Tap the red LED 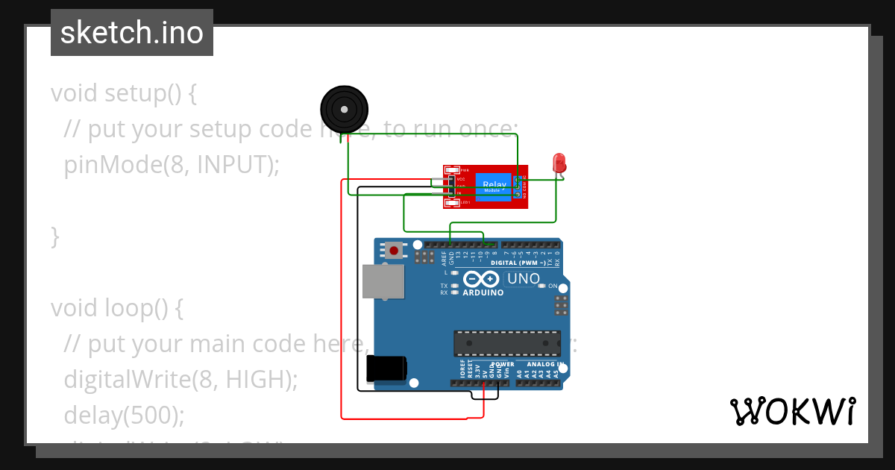[x=559, y=163]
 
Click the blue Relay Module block [x=493, y=187]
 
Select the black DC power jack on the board [x=387, y=369]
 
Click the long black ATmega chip [x=507, y=342]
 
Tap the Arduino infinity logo [x=482, y=280]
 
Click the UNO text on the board [x=524, y=279]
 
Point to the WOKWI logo [x=791, y=411]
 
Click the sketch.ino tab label [x=132, y=33]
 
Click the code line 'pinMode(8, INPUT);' [x=172, y=165]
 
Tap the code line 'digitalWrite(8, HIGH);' [x=180, y=379]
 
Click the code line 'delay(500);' [x=124, y=415]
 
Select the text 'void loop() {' [x=116, y=307]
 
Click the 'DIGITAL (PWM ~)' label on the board [x=507, y=263]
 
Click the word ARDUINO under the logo [x=483, y=292]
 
